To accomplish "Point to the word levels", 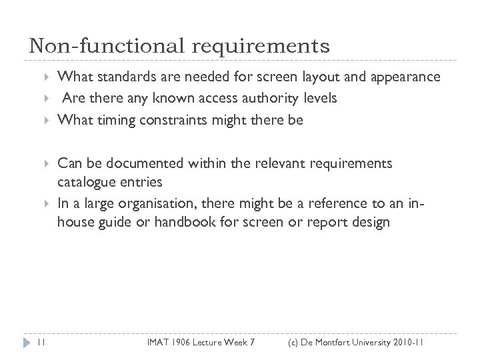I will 319,98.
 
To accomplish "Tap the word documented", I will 139,163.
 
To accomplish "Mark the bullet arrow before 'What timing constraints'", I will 47,121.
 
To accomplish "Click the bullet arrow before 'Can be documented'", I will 47,164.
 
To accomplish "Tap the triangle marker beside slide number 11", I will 26,343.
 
